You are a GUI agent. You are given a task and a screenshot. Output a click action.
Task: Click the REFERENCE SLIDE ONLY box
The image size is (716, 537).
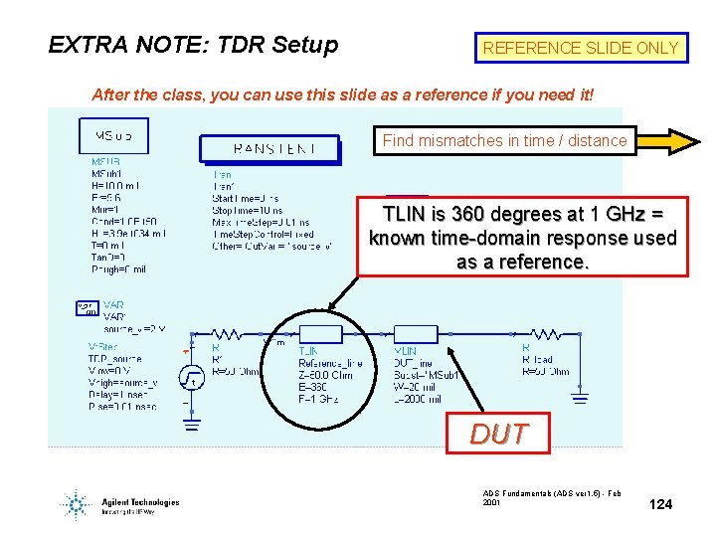pos(581,48)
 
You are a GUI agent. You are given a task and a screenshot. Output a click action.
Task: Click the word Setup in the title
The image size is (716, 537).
pos(304,45)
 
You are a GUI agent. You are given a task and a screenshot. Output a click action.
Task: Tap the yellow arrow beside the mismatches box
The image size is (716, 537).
pos(668,141)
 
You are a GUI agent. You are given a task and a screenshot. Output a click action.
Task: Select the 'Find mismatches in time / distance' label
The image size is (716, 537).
pos(504,141)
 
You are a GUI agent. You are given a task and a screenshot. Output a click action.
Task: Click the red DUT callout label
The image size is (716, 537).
pos(498,435)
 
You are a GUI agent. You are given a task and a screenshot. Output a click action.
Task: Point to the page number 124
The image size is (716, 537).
pos(660,505)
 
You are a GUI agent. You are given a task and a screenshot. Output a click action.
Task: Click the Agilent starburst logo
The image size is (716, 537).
pos(76,504)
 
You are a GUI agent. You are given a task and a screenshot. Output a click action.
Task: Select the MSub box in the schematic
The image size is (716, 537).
pos(112,135)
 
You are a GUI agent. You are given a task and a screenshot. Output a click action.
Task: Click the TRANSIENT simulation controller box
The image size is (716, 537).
pos(271,149)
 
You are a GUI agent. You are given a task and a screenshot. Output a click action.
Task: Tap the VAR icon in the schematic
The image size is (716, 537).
pos(88,308)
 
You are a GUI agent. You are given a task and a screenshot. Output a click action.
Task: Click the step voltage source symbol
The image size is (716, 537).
pos(192,378)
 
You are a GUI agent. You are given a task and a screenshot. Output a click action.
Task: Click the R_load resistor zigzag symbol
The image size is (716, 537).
pos(548,334)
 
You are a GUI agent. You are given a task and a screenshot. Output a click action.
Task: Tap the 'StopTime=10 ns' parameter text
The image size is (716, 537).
pos(248,210)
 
